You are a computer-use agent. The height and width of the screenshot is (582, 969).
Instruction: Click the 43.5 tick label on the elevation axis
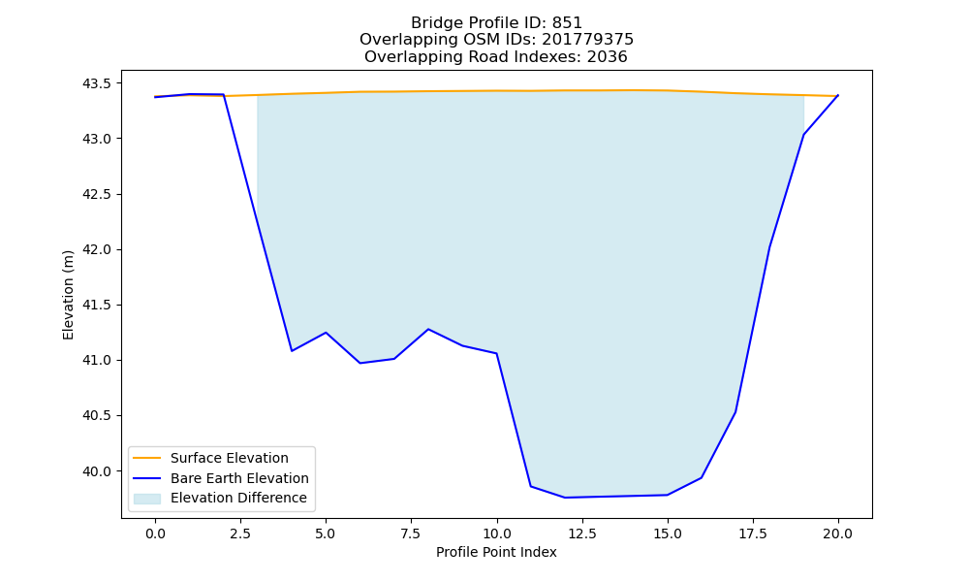[x=99, y=83]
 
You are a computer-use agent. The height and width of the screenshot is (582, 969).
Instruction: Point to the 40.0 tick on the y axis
[x=99, y=471]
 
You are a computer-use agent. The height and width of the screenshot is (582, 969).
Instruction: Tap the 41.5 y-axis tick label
[x=99, y=305]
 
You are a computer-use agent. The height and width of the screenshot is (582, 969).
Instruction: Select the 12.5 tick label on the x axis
[x=581, y=533]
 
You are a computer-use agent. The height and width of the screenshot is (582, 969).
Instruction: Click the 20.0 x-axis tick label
[x=838, y=533]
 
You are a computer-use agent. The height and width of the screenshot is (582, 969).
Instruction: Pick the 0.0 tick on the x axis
[x=155, y=533]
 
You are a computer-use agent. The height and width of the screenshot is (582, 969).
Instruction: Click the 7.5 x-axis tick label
[x=411, y=533]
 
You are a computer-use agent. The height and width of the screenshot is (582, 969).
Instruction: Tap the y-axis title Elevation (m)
[x=68, y=295]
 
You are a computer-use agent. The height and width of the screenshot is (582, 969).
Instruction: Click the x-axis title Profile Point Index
[x=496, y=552]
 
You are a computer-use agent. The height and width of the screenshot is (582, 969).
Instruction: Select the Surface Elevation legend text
[x=230, y=458]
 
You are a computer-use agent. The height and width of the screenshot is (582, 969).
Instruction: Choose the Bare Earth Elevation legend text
[x=239, y=478]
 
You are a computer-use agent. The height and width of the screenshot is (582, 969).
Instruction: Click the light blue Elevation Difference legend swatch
[x=147, y=499]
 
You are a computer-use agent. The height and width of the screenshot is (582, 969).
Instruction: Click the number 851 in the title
[x=567, y=23]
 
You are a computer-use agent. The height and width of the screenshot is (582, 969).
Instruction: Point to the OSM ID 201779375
[x=588, y=40]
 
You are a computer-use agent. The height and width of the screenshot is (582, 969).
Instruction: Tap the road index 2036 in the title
[x=607, y=57]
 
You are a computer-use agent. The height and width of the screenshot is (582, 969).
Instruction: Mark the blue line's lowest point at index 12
[x=565, y=498]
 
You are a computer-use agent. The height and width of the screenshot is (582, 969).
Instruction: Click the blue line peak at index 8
[x=428, y=329]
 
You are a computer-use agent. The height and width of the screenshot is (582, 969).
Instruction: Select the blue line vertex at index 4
[x=292, y=351]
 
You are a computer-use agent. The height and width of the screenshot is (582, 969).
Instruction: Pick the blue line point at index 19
[x=803, y=135]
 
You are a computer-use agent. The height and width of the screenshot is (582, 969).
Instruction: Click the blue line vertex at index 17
[x=735, y=412]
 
